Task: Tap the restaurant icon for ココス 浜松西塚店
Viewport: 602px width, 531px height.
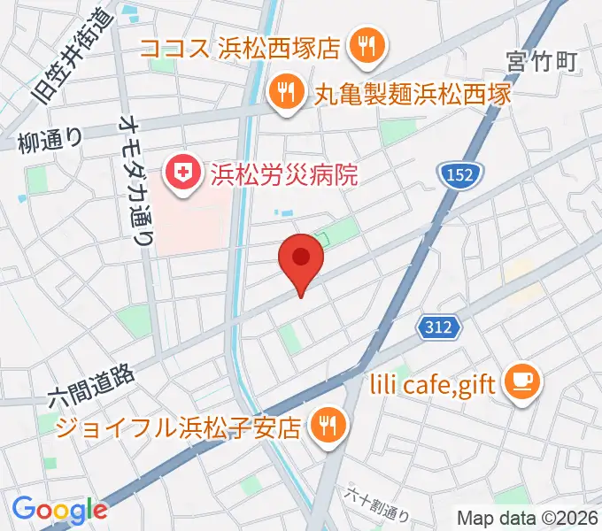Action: [x=364, y=46]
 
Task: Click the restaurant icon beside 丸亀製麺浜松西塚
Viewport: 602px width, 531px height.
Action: [x=284, y=93]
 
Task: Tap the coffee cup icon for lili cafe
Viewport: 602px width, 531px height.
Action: [x=517, y=382]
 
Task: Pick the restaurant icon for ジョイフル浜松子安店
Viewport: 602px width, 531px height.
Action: [x=327, y=427]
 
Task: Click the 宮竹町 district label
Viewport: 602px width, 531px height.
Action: [x=542, y=61]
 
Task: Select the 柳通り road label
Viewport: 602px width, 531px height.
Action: [x=50, y=140]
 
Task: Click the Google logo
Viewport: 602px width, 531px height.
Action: [x=58, y=509]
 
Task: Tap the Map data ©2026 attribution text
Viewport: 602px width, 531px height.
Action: [x=527, y=517]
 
